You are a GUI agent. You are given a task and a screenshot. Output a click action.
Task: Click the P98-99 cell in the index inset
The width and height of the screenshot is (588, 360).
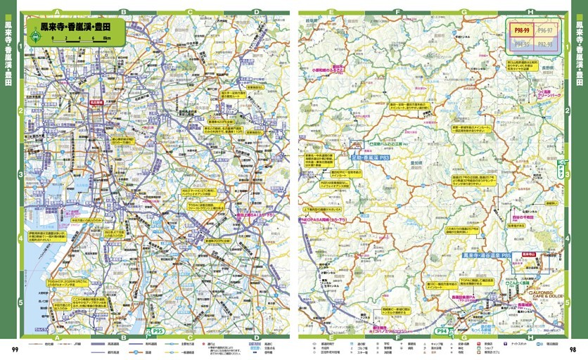(x=522, y=32)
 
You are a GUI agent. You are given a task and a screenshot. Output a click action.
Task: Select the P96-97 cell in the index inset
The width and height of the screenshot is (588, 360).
(x=545, y=32)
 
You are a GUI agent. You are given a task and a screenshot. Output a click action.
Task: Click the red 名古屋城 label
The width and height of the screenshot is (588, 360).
(x=97, y=101)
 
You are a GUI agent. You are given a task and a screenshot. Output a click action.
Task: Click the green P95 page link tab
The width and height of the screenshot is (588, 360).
(x=158, y=329)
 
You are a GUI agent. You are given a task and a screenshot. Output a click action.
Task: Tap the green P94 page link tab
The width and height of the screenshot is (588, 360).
(x=444, y=329)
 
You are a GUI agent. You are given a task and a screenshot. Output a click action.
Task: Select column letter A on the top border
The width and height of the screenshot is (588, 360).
(x=56, y=12)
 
